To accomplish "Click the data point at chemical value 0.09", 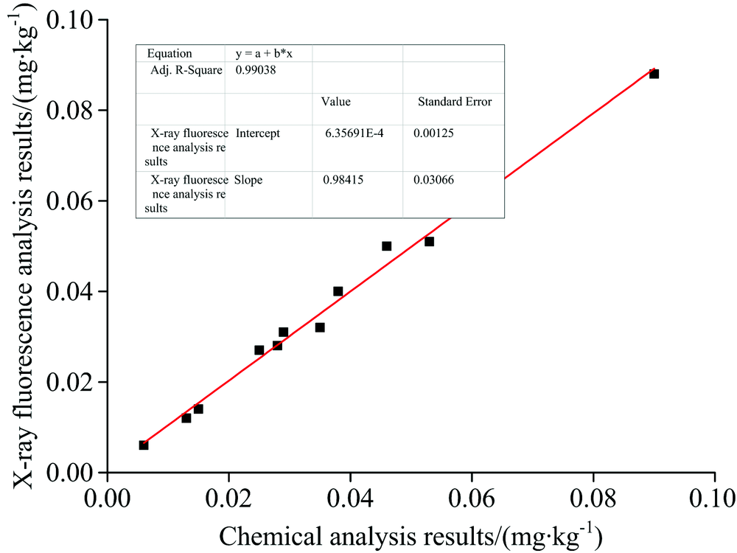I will pyautogui.click(x=654, y=74).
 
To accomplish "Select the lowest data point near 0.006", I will pyautogui.click(x=144, y=445).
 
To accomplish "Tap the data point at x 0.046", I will pyautogui.click(x=386, y=246).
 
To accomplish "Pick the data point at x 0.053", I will pyautogui.click(x=429, y=242).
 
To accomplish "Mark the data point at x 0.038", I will pyautogui.click(x=338, y=291).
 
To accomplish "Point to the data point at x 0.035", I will pyautogui.click(x=320, y=327).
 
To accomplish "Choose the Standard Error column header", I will pyautogui.click(x=454, y=102).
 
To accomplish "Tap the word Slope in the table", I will pyautogui.click(x=248, y=180).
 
